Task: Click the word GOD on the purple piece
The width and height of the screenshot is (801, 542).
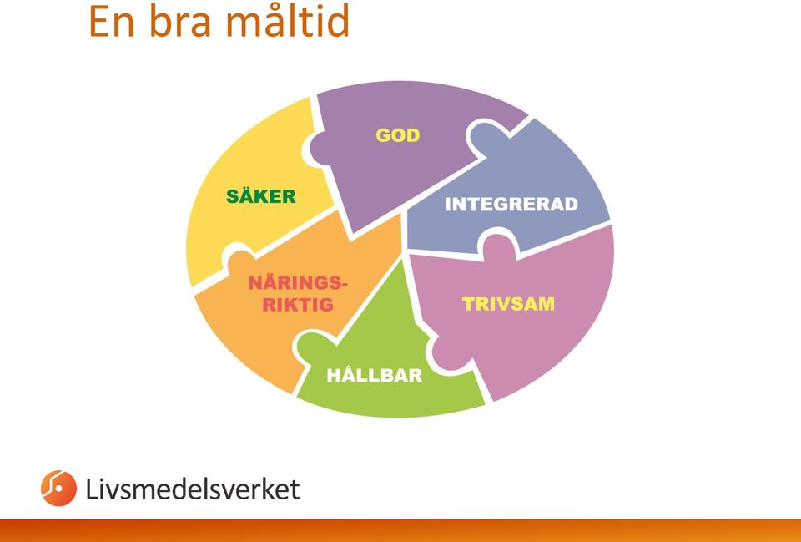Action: [397, 135]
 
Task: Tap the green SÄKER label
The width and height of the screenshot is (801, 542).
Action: [261, 195]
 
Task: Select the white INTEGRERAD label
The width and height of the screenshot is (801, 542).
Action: [511, 205]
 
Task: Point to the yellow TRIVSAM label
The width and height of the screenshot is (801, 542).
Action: [508, 304]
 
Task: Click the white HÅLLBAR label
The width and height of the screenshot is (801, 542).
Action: [375, 374]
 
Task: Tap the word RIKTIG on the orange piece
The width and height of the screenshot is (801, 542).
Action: [298, 305]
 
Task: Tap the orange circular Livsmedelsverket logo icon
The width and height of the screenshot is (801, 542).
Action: [58, 489]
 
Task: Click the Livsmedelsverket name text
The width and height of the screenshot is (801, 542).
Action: [193, 489]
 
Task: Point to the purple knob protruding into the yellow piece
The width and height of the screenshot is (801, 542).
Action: [321, 149]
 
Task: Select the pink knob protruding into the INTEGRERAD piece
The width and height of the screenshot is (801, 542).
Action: [498, 248]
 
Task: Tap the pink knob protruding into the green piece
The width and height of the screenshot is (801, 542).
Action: [446, 352]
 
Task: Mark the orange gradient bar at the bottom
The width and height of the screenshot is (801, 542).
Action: [400, 530]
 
